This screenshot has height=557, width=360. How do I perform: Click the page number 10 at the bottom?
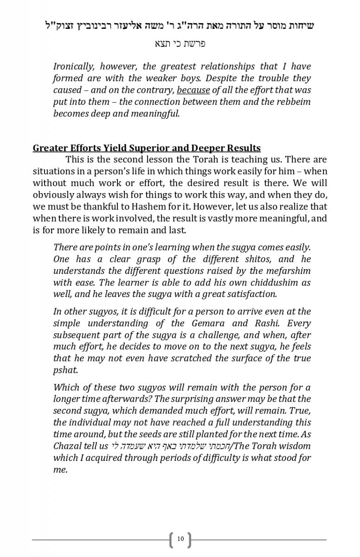coord(180,539)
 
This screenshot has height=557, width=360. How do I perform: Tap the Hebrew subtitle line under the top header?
coord(180,44)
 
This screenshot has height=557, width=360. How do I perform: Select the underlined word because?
coord(193,90)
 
